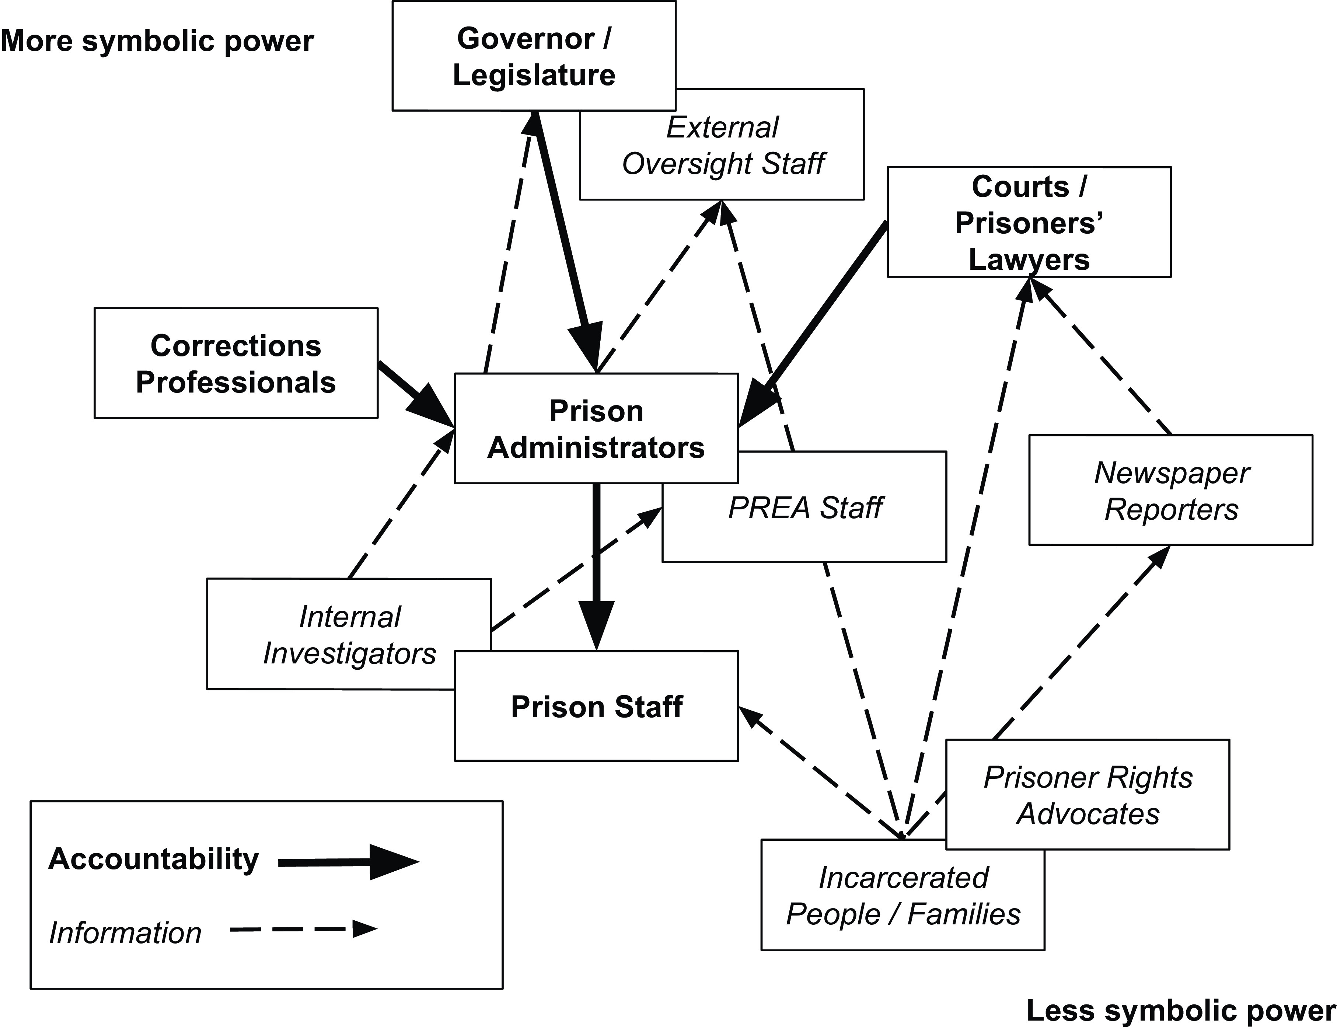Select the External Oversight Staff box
(722, 146)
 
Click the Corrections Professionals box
(236, 363)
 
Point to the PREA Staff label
(804, 508)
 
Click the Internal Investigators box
(349, 635)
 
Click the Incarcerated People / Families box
(903, 896)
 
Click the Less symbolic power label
(1180, 1010)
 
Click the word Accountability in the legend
(153, 859)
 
